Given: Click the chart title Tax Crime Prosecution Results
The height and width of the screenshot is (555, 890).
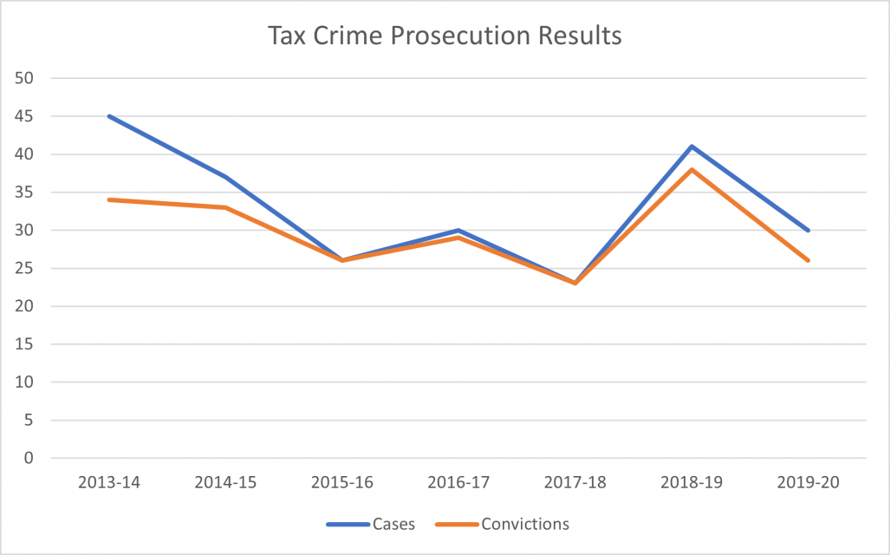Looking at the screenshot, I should click(445, 36).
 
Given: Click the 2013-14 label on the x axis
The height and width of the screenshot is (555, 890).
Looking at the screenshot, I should click(110, 483).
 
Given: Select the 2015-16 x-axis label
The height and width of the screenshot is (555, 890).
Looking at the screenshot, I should click(343, 483).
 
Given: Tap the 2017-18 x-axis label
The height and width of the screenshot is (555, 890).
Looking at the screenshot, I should click(575, 483).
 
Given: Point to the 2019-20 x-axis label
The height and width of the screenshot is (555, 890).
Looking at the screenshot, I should click(809, 483).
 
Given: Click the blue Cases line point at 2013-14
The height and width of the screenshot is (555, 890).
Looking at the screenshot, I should click(110, 116).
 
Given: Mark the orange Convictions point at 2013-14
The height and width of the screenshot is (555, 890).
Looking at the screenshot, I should click(110, 199).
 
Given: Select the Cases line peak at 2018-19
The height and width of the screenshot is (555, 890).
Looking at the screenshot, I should click(692, 147).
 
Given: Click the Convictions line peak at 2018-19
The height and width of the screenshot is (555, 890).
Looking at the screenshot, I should click(692, 169).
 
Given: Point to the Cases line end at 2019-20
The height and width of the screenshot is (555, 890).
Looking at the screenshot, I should click(809, 230).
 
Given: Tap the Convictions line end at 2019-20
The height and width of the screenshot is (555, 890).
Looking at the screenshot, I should click(809, 260).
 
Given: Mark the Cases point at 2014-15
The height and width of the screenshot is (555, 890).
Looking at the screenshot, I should click(226, 177).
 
